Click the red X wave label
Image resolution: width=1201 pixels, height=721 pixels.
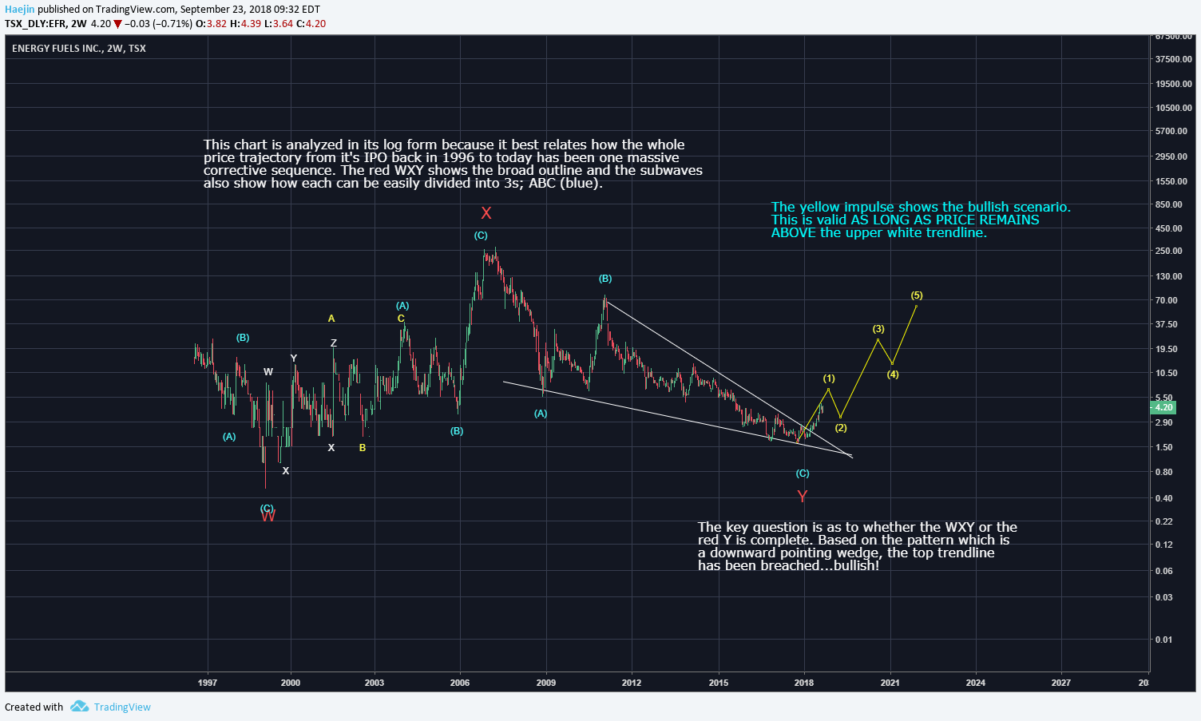pos(486,213)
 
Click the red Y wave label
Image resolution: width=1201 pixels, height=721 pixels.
pos(803,497)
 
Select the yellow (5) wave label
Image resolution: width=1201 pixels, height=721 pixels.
pos(917,295)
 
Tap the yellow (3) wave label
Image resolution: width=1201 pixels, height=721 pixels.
pos(878,329)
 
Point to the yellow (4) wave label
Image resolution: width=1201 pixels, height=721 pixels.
pos(893,374)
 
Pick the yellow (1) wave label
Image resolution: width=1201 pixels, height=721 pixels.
pos(829,378)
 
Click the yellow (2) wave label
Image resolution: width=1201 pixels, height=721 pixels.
pos(841,428)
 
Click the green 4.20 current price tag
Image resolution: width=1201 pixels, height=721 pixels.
pos(1163,407)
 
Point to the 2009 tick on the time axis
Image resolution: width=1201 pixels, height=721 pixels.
pos(545,683)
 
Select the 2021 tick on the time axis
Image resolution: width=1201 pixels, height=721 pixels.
pos(890,683)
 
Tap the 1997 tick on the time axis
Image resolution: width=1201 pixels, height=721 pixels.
pos(208,683)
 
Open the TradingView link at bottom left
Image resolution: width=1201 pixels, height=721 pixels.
pos(121,707)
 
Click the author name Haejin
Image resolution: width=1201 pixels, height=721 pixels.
pos(20,10)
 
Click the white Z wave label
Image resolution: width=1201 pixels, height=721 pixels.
pos(334,343)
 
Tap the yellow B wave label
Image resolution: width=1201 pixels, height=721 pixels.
pos(363,448)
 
